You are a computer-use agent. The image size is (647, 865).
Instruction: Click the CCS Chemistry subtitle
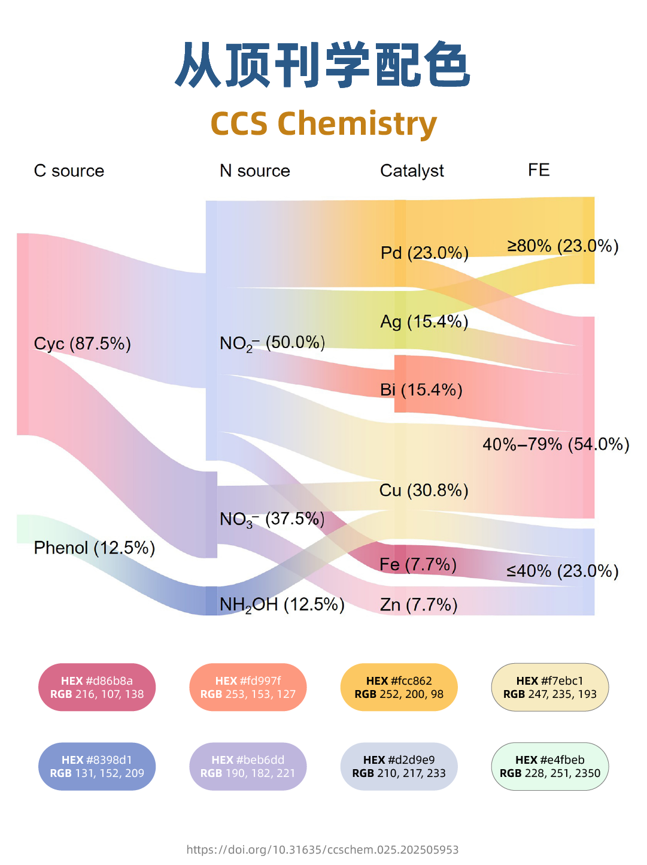(x=323, y=124)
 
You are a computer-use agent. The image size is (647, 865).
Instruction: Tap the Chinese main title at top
(x=323, y=65)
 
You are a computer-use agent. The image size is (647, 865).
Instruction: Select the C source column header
(x=69, y=171)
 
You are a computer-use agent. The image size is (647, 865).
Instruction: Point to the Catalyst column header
(x=412, y=171)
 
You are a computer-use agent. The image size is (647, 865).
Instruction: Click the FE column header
(x=539, y=170)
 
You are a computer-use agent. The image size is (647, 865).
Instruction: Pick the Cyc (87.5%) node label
(x=82, y=344)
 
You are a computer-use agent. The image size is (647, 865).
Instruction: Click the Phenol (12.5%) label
(x=94, y=548)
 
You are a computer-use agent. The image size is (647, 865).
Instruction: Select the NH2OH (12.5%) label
(x=281, y=604)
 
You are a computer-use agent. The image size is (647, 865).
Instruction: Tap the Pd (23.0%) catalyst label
(x=424, y=253)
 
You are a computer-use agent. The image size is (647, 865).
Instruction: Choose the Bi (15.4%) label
(x=421, y=390)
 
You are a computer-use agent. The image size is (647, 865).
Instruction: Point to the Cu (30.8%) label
(x=424, y=491)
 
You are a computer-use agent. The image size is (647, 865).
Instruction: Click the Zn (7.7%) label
(x=418, y=604)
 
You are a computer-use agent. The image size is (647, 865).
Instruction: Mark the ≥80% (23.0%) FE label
(x=563, y=246)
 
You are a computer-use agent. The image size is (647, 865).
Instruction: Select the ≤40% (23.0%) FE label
(x=562, y=571)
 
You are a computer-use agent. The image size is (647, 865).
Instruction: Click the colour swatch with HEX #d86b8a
(x=97, y=687)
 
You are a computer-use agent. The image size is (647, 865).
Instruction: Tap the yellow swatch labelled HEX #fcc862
(x=399, y=687)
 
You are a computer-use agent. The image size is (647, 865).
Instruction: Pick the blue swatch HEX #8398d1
(x=97, y=766)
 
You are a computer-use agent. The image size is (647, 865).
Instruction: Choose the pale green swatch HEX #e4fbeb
(x=549, y=766)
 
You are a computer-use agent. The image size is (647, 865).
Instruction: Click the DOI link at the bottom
(x=323, y=849)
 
